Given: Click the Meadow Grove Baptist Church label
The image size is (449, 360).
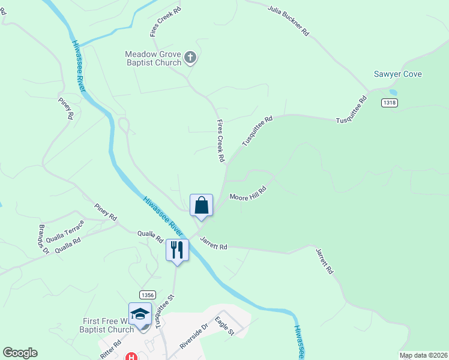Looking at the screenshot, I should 153,58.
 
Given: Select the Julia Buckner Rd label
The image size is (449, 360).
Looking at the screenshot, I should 288,19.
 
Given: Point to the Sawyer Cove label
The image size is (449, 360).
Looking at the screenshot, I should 397,74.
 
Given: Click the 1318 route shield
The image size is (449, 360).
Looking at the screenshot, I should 389,103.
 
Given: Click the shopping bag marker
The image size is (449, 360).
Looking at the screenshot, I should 202,205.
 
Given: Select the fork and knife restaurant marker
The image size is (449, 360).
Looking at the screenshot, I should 177,250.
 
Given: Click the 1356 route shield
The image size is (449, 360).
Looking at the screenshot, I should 148,295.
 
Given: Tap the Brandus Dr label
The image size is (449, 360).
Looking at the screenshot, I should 44,240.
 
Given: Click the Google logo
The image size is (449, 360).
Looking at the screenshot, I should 20,353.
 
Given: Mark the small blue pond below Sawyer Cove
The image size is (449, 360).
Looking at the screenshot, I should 393,92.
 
